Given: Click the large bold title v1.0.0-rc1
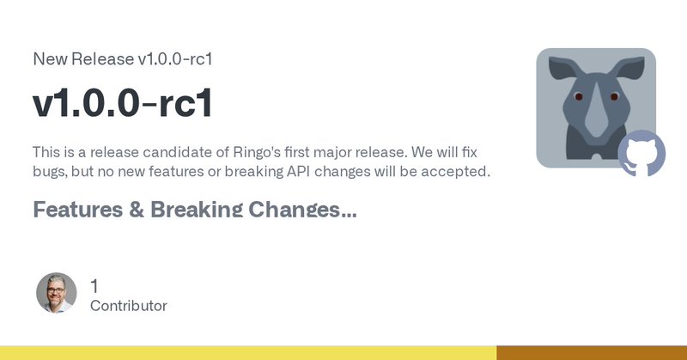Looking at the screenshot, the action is point(123,103).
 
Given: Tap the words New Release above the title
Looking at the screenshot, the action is point(83,58).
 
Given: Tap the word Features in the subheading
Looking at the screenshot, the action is point(78,210).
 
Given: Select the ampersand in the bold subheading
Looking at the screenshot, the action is point(137,210).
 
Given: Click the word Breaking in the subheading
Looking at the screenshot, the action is point(197,210).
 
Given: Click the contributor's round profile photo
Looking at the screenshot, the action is point(57,293).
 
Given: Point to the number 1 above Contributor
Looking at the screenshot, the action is point(94,286).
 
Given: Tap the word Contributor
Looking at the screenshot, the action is point(128,306).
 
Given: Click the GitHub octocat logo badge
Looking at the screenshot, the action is point(641,153).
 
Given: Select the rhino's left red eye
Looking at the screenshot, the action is point(578,96).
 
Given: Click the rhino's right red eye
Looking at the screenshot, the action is point(614,96).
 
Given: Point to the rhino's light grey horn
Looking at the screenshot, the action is point(596,114).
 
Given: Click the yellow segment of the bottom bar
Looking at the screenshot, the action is point(248,353).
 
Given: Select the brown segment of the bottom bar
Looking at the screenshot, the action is point(592,353).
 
